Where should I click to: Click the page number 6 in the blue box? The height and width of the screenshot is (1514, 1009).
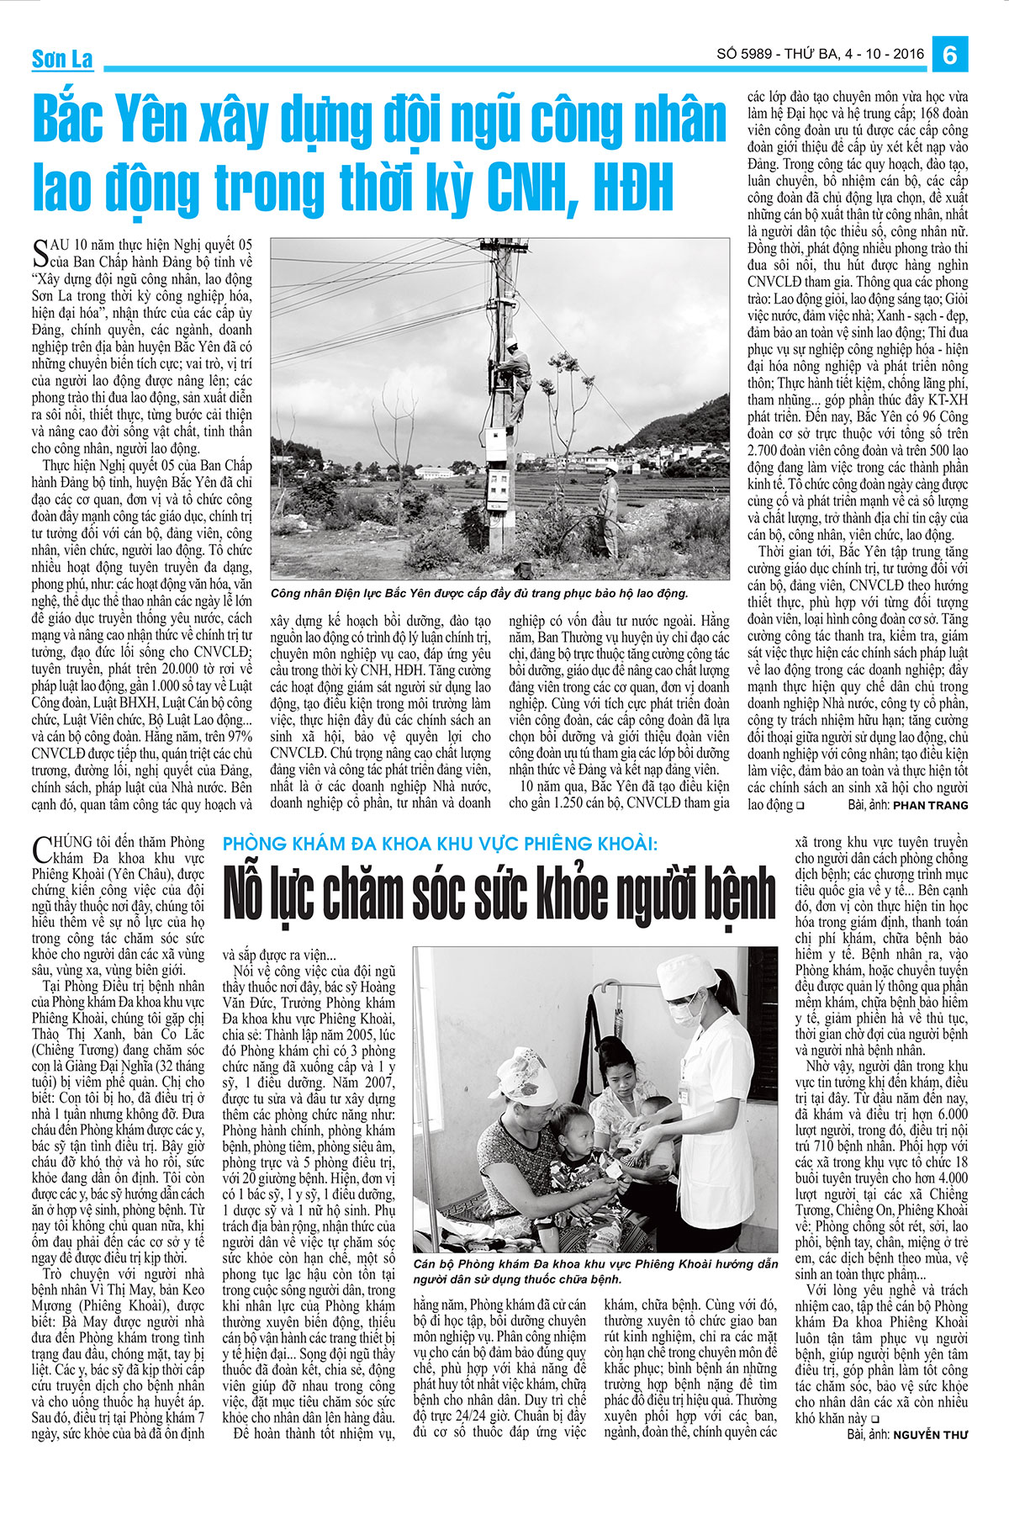[950, 56]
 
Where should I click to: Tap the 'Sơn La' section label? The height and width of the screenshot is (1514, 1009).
[62, 60]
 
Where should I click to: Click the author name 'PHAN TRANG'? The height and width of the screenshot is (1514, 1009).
[930, 805]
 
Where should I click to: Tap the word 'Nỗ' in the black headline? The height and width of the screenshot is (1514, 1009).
[250, 893]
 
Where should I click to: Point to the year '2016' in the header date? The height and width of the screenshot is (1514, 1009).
[906, 55]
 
